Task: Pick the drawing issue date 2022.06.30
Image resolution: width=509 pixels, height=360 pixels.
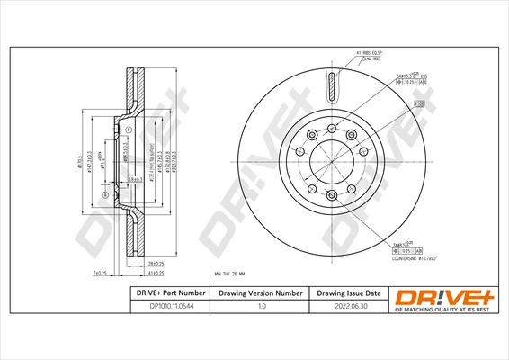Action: tap(349, 306)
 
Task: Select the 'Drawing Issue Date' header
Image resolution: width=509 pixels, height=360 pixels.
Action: tap(349, 293)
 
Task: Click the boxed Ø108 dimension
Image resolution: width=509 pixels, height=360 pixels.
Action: tap(418, 105)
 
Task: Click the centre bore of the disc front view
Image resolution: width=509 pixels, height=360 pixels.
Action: tap(333, 161)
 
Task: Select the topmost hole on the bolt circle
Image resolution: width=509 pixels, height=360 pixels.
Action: tap(333, 128)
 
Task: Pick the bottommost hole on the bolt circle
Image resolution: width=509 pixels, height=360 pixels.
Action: tap(333, 194)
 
